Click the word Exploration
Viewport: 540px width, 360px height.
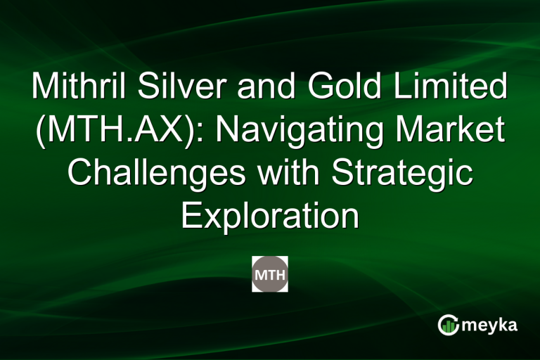tap(270, 216)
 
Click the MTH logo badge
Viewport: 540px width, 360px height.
tap(270, 274)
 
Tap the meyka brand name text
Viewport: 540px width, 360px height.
tap(490, 324)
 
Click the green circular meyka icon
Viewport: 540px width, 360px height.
tap(448, 324)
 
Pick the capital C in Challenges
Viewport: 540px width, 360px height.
tap(79, 174)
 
